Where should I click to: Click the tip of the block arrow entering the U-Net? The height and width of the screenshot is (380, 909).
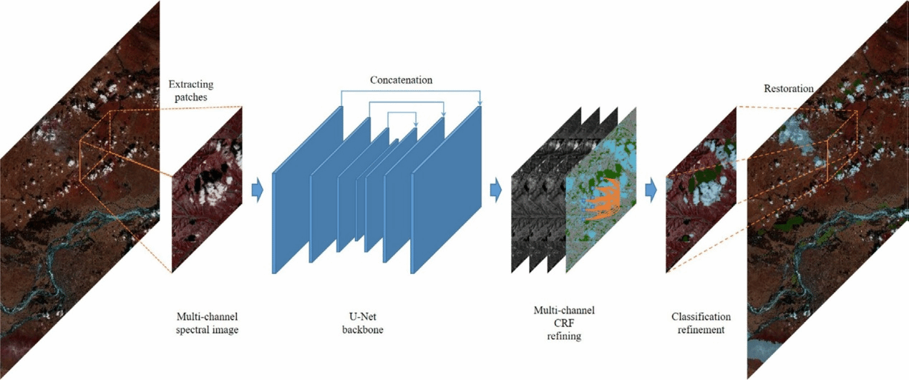[x=263, y=190]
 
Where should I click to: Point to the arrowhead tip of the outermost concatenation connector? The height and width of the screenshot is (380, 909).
[x=480, y=106]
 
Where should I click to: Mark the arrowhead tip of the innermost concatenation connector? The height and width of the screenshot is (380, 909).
[x=416, y=127]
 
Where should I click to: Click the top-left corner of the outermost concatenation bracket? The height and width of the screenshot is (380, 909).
[x=341, y=91]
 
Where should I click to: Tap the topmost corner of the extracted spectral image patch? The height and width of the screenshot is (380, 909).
[x=242, y=107]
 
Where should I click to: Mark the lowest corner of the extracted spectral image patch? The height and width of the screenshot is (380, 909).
[x=172, y=273]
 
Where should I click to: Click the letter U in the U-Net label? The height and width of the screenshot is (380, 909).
[x=353, y=316]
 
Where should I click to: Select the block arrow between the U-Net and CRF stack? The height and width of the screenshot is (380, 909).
[x=496, y=190]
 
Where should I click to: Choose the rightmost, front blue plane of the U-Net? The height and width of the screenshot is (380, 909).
[x=447, y=190]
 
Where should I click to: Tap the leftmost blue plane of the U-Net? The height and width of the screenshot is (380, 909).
[x=307, y=190]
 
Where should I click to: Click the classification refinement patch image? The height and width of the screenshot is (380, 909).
[x=701, y=190]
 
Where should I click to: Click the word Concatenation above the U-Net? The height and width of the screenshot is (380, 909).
[x=401, y=80]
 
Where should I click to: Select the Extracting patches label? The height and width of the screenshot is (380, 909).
[x=190, y=90]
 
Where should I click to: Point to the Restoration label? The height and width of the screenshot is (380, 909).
[x=789, y=89]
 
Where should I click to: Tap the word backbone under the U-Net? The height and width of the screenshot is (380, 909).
[x=362, y=329]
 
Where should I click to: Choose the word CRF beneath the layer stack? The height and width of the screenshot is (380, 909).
[x=564, y=323]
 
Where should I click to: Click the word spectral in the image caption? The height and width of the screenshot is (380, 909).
[x=193, y=330]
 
